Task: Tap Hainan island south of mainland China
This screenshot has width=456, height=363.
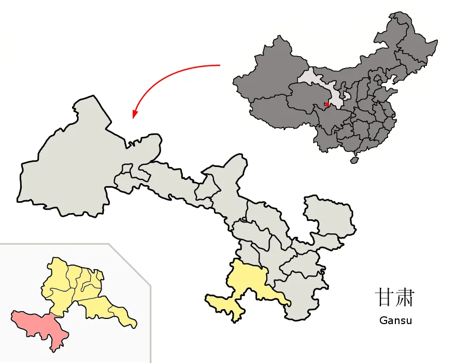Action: pyautogui.click(x=354, y=160)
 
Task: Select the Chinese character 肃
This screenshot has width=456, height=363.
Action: pyautogui.click(x=405, y=298)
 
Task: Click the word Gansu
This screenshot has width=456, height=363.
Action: pyautogui.click(x=395, y=320)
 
